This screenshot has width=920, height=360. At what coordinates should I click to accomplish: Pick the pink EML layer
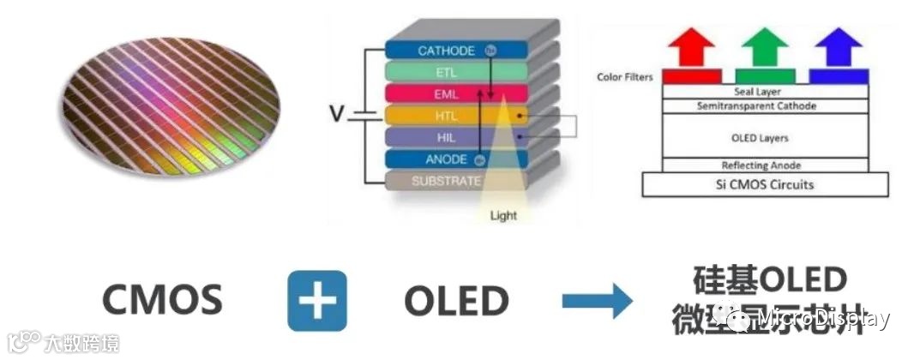click(437, 93)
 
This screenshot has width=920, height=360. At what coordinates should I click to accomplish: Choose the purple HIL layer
click(437, 137)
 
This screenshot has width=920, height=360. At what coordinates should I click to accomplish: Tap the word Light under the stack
click(503, 214)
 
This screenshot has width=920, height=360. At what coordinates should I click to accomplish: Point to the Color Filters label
click(624, 77)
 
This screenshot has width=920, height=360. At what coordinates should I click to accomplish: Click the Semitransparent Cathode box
click(764, 105)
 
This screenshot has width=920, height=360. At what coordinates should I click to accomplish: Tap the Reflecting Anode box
click(764, 165)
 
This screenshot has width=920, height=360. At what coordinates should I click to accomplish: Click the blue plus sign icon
click(317, 301)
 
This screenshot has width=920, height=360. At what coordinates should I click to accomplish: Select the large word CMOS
click(163, 301)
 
